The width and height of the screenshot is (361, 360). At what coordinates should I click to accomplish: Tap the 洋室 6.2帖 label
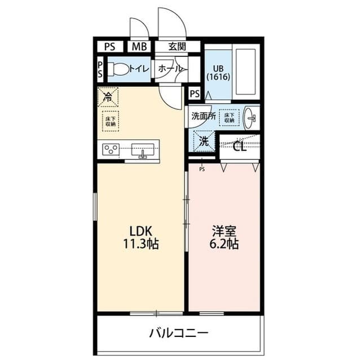(x=224, y=237)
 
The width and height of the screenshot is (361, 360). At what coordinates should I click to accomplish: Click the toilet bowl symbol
(x=118, y=69)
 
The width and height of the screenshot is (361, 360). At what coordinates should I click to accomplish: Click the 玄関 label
(x=176, y=47)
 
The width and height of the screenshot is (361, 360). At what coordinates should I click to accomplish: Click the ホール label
(x=170, y=69)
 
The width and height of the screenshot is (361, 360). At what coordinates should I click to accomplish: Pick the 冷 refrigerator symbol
(x=107, y=96)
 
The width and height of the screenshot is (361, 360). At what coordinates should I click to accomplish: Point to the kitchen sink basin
(x=143, y=149)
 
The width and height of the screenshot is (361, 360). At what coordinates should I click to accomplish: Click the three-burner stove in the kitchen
(x=111, y=149)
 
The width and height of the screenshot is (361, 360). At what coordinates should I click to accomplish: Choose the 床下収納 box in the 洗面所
(x=228, y=117)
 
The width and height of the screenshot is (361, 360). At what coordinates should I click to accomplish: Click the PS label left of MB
(x=110, y=47)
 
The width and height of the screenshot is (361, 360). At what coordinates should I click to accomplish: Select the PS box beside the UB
(x=195, y=94)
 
